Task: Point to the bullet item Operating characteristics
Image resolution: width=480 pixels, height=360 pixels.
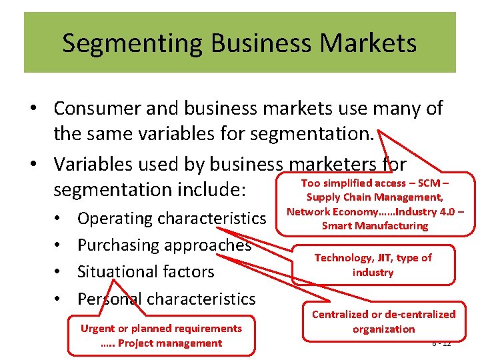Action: click(x=171, y=218)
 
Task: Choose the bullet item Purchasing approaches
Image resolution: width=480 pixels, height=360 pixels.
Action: click(x=164, y=245)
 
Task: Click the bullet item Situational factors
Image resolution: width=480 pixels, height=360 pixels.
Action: click(x=145, y=271)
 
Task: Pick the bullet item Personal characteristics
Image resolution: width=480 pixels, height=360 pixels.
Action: click(x=166, y=299)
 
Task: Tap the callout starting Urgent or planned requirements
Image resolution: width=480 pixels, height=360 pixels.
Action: click(x=161, y=335)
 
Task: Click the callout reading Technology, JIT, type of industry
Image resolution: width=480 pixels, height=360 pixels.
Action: click(x=373, y=265)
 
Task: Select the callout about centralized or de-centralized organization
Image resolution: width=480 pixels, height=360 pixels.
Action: click(x=383, y=321)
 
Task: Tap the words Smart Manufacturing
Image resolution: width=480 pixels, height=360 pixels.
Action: click(x=375, y=226)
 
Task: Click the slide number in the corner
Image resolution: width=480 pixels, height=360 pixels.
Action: click(x=441, y=343)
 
